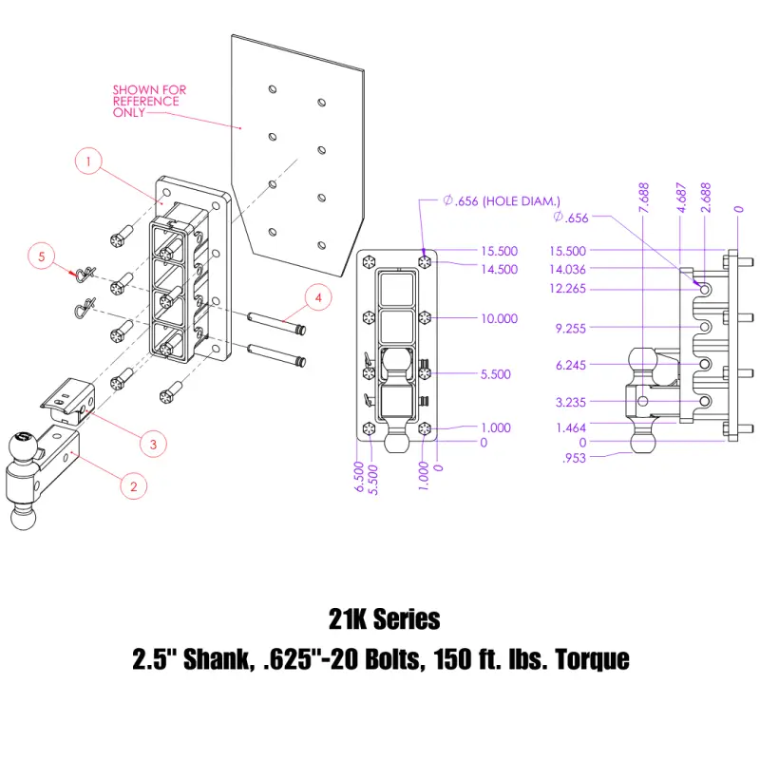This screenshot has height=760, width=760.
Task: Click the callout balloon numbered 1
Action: pyautogui.click(x=87, y=163)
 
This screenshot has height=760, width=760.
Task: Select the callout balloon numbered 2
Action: pyautogui.click(x=133, y=485)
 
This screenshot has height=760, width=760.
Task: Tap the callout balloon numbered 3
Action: pyautogui.click(x=151, y=442)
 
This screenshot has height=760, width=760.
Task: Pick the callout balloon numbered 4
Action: pyautogui.click(x=318, y=297)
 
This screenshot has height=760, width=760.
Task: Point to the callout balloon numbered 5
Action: pyautogui.click(x=41, y=256)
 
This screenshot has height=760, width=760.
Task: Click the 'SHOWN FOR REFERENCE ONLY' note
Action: pyautogui.click(x=149, y=101)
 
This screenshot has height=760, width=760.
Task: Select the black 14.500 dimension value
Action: pyautogui.click(x=499, y=270)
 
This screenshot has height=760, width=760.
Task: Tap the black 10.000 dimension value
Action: pyautogui.click(x=499, y=318)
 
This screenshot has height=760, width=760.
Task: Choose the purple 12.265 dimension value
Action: pyautogui.click(x=568, y=289)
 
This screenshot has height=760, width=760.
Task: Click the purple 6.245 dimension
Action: pyautogui.click(x=571, y=365)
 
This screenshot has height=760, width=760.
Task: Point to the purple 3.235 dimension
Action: pyautogui.click(x=571, y=403)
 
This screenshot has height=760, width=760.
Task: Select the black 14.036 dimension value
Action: pyautogui.click(x=568, y=270)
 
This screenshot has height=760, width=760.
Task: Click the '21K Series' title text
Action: pyautogui.click(x=380, y=619)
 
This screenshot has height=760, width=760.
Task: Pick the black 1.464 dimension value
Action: pyautogui.click(x=571, y=427)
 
